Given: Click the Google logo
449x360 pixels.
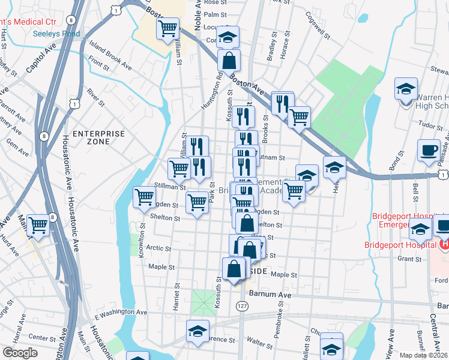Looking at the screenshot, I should click(20, 353).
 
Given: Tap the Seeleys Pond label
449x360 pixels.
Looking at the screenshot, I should click(56, 34).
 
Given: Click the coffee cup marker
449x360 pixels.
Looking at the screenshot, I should click(429, 151).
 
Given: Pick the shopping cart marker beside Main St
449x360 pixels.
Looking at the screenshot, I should click(38, 226).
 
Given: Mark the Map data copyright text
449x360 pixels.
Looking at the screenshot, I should click(424, 354).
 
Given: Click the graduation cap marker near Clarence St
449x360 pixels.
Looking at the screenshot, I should click(197, 331).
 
